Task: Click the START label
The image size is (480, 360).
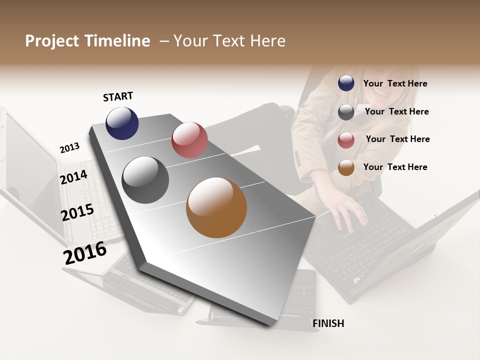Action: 118,96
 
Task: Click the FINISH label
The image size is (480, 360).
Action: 328,323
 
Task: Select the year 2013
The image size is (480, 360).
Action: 69,148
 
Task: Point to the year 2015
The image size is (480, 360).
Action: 77,212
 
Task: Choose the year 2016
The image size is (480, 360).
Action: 85,252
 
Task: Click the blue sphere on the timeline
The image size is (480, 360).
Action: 122,123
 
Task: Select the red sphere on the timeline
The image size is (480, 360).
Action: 189,139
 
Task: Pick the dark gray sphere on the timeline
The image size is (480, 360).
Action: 145,180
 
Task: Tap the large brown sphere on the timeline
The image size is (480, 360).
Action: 216,207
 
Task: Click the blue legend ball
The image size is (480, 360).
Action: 346,83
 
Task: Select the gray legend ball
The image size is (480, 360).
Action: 346,112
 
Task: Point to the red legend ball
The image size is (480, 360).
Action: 346,140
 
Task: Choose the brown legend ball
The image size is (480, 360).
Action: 346,168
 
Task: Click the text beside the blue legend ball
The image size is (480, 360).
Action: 395,83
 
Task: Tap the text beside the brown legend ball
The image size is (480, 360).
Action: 395,167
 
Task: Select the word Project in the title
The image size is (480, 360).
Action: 51,41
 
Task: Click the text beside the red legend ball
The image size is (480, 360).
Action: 397,139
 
